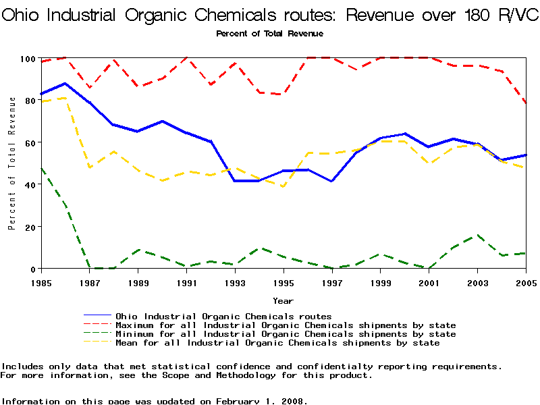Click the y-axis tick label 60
point(28,142)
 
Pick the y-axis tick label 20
point(28,227)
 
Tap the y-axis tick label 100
point(26,59)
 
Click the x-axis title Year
point(283,300)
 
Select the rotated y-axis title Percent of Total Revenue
point(12,163)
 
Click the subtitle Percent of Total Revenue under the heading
point(269,34)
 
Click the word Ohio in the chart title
point(21,15)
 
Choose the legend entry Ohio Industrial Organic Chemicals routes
point(223,316)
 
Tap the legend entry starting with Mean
point(277,343)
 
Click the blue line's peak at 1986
point(64,84)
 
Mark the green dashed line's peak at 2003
point(477,236)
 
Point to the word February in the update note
point(238,401)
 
